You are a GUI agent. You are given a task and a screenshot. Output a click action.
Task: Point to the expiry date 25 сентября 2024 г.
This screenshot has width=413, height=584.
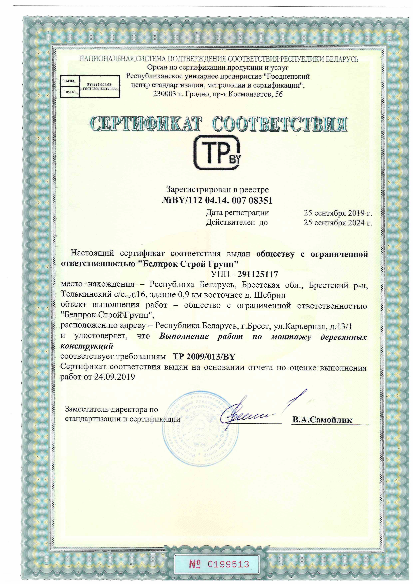338,223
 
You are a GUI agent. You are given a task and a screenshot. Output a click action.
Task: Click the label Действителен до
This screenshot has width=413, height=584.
237,223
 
